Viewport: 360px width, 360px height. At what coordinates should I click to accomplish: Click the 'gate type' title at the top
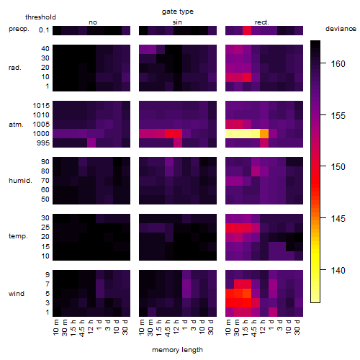point(178,12)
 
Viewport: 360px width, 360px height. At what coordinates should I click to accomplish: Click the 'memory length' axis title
point(177,350)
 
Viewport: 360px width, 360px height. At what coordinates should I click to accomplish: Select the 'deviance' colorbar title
point(341,29)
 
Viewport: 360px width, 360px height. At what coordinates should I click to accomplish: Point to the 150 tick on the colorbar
point(323,166)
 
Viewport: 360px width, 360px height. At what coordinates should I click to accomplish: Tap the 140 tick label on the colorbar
point(338,271)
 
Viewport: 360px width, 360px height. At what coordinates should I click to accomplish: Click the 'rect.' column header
point(261,22)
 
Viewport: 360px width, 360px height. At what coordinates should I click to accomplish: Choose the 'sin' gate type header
point(177,22)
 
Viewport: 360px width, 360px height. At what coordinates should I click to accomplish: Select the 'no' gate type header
point(93,22)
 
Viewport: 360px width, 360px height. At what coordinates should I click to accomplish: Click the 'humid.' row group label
point(20,181)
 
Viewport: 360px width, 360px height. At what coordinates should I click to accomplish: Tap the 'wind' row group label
point(17,294)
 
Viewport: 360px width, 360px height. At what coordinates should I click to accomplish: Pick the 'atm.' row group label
point(16,125)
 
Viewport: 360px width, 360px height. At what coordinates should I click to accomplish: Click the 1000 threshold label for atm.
point(41,134)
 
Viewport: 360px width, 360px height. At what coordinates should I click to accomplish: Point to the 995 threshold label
point(43,143)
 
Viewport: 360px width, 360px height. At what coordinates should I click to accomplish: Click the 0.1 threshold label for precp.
point(44,30)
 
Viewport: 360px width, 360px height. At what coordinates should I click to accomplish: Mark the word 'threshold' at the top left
point(40,17)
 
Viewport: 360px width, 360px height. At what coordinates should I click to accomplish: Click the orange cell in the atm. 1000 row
point(264,134)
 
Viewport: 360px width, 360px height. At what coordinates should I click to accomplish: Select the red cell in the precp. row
point(247,30)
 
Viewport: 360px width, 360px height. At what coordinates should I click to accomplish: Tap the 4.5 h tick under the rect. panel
point(253,328)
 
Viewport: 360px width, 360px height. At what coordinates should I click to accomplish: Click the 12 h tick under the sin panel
point(176,327)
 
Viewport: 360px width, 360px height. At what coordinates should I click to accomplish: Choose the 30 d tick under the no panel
point(125,327)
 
